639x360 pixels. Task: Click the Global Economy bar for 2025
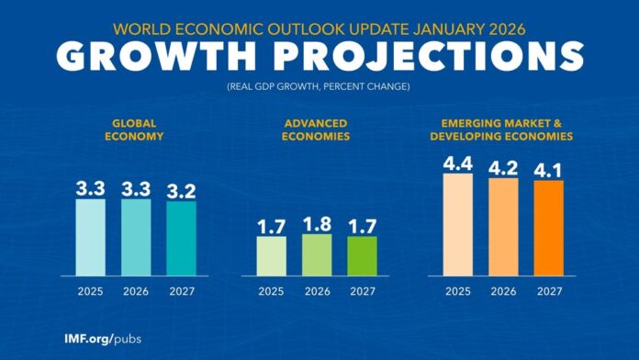pos(91,236)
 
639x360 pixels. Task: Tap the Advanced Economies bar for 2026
pos(317,253)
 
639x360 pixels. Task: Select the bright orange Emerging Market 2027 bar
pos(548,227)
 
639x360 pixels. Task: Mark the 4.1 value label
pos(548,167)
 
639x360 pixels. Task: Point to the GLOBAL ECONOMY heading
pos(136,129)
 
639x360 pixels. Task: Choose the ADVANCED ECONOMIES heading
pos(318,129)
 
